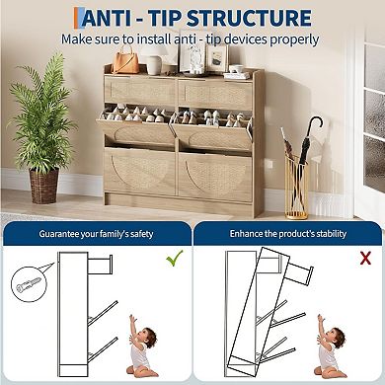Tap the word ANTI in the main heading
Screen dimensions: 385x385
pos(111,18)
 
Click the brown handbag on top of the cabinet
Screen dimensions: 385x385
pos(125,62)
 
